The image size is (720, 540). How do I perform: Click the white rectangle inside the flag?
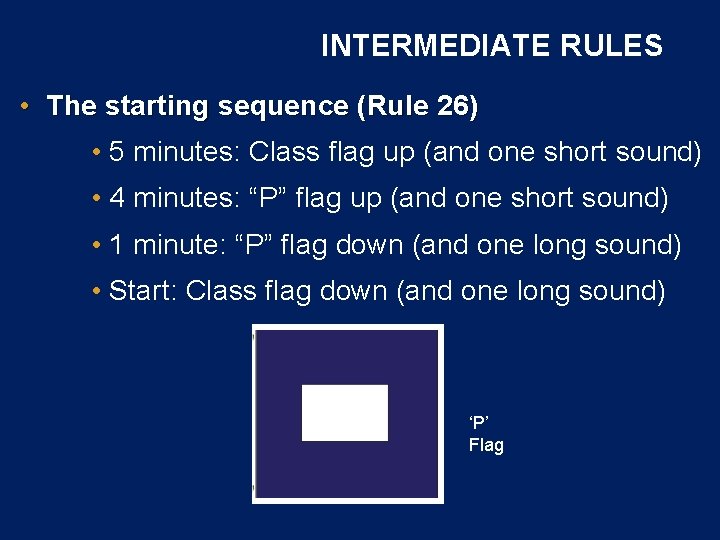point(345,412)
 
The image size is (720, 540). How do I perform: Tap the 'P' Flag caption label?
point(486,434)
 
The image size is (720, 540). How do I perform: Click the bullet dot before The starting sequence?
point(24,107)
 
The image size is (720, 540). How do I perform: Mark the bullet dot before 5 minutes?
point(94,153)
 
